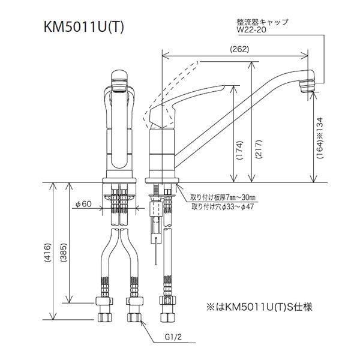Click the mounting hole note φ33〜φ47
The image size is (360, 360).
223,207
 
